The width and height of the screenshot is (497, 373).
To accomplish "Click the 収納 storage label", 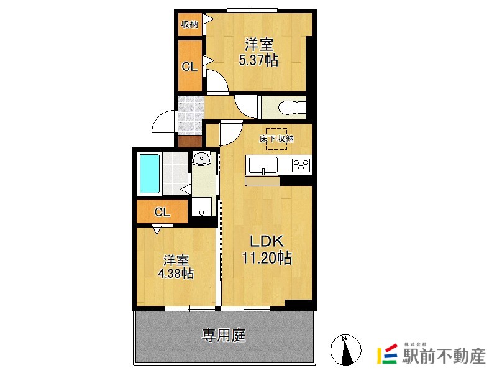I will pos(189,25).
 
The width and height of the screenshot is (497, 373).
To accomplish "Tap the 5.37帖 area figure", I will pos(258,60).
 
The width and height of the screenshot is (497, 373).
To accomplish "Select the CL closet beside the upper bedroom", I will pos(189,67).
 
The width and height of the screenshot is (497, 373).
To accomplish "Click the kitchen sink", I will pos(264,165).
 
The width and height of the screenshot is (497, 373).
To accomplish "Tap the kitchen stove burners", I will pos(301,165).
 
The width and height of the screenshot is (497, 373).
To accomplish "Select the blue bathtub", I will pos(150,173).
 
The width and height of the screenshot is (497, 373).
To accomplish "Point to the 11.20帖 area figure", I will pos(267,257).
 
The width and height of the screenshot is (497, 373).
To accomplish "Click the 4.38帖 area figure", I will pos(176,273).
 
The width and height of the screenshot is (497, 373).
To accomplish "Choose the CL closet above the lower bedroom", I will pos(162,212).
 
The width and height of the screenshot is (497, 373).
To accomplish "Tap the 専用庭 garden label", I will pos(224,336).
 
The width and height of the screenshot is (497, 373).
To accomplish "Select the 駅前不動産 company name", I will pos(443,357).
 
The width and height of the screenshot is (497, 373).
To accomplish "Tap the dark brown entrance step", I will pos(189,140).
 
